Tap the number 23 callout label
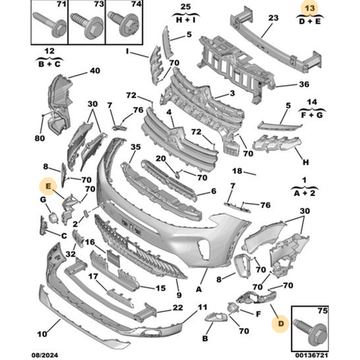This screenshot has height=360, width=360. (x=273, y=18)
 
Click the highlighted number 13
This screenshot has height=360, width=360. (x=310, y=9)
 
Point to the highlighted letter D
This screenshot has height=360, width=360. (x=281, y=323)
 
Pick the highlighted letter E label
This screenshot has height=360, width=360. (x=48, y=186)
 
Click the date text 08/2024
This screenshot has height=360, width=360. (x=45, y=355)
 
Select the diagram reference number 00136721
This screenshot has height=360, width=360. (x=311, y=355)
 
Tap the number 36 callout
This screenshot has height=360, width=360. (x=304, y=84)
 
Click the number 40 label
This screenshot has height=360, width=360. (x=95, y=71)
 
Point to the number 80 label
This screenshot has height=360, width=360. (x=40, y=138)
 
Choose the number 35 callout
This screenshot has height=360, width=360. (x=135, y=147)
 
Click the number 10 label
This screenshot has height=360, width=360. (x=42, y=334)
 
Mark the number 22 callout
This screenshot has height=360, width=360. (x=178, y=307)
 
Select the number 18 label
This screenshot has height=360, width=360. (x=237, y=171)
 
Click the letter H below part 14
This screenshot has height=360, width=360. (x=305, y=163)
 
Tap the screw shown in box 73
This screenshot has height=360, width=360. (x=87, y=26)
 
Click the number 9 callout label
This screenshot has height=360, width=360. (x=179, y=295)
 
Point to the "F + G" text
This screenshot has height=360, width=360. (x=312, y=115)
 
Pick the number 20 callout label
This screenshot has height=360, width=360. (x=161, y=158)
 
